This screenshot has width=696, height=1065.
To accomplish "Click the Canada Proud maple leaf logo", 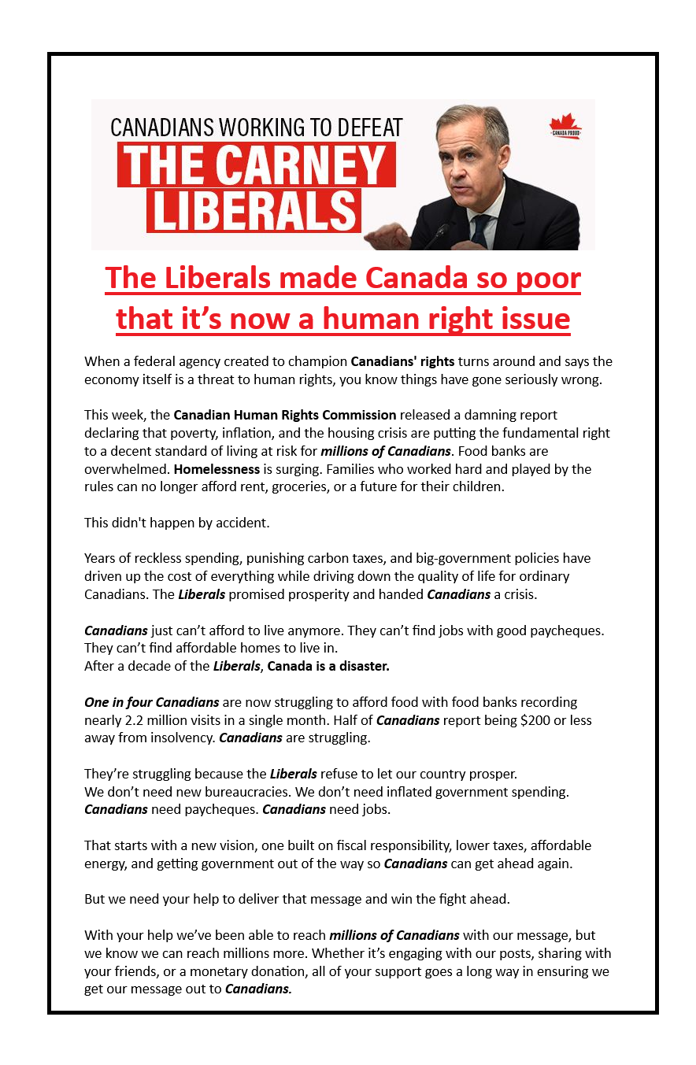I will (565, 126).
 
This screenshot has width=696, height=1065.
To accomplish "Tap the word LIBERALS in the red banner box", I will (254, 210).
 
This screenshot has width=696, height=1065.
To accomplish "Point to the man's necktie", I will (480, 228).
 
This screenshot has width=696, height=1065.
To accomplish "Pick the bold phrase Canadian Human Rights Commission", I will (285, 415).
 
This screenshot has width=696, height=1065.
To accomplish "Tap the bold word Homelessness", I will (217, 469).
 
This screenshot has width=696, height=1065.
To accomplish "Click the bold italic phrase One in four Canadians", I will (152, 702).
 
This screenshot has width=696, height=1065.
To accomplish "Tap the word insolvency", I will (180, 738).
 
